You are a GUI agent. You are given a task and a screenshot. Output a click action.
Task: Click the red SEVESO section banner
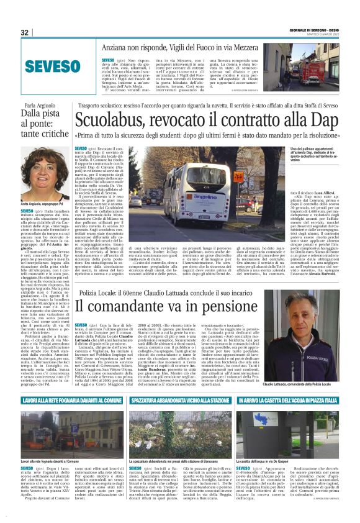click(45, 66)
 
